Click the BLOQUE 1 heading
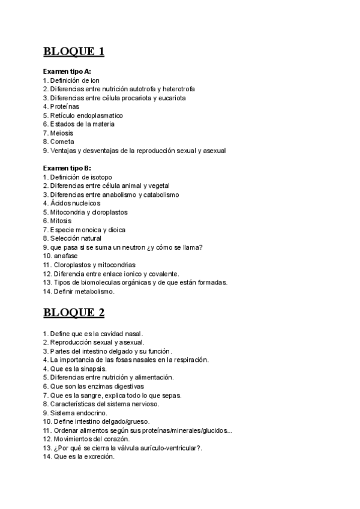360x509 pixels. [74, 51]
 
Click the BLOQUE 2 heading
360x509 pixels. [74, 312]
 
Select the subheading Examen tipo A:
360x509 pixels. [67, 71]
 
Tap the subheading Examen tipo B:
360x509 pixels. [67, 168]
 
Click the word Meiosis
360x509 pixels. [62, 133]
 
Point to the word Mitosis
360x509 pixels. [62, 221]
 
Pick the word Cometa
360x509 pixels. [62, 142]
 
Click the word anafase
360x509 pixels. [65, 256]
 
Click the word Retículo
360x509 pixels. [63, 115]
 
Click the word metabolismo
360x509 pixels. [93, 291]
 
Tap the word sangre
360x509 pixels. [90, 395]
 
